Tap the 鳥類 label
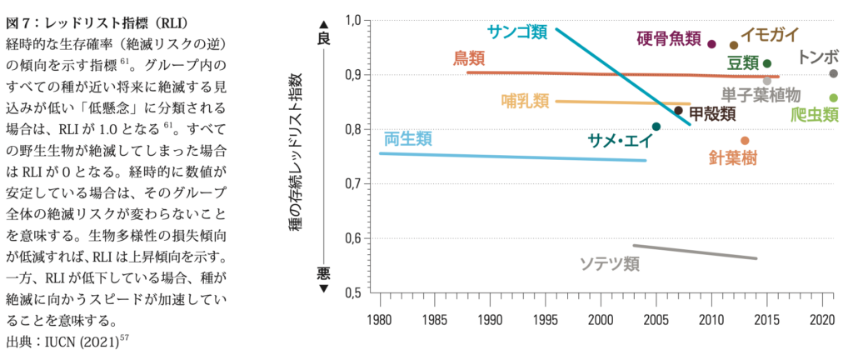pyautogui.click(x=469, y=58)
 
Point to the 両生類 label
pyautogui.click(x=407, y=138)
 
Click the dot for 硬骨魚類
pyautogui.click(x=711, y=43)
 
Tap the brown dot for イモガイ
pyautogui.click(x=734, y=45)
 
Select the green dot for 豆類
pyautogui.click(x=767, y=63)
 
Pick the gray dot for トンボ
pyautogui.click(x=833, y=73)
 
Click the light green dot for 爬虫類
pyautogui.click(x=833, y=97)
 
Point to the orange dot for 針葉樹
pyautogui.click(x=745, y=141)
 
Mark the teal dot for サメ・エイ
pyautogui.click(x=656, y=127)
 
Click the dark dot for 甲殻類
pyautogui.click(x=678, y=110)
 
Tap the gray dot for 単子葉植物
pyautogui.click(x=767, y=81)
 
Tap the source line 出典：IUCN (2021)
pyautogui.click(x=67, y=341)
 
